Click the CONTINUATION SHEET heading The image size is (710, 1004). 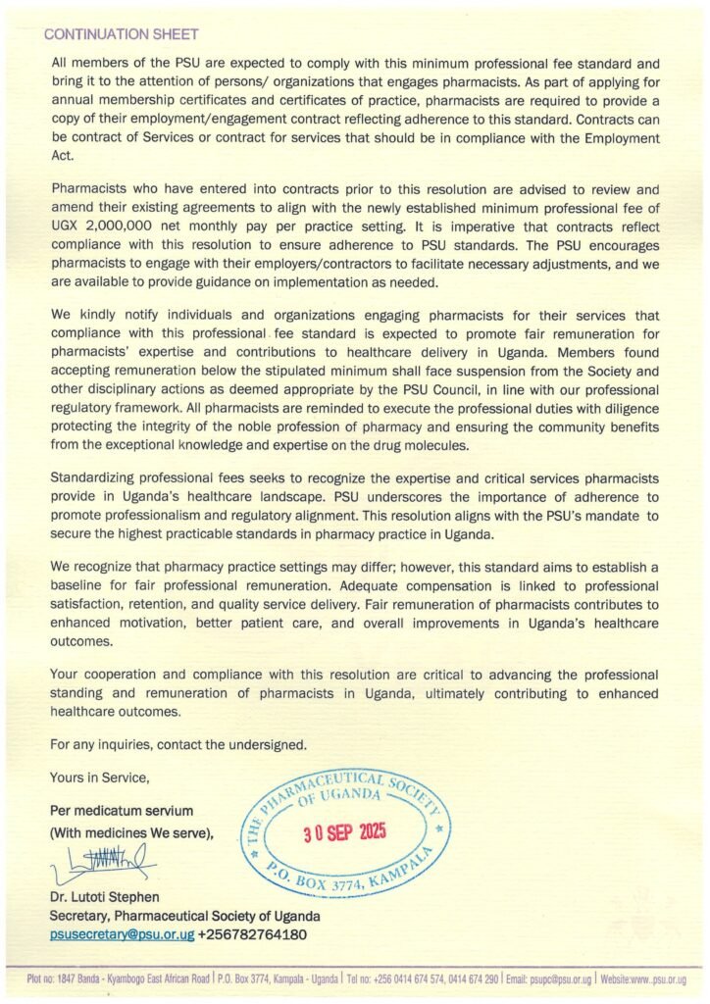(x=121, y=34)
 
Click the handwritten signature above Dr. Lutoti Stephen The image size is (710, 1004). (x=99, y=864)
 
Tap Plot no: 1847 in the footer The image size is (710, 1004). (x=50, y=979)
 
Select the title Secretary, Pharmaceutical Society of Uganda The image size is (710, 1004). (x=184, y=916)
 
